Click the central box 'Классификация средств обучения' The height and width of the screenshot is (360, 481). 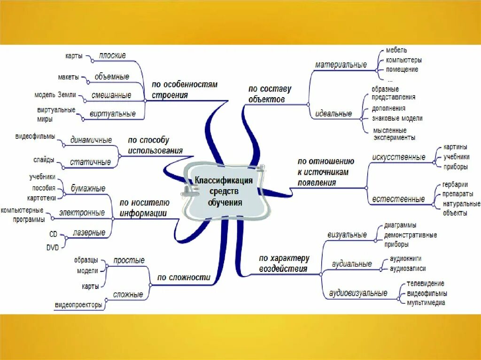coord(225,191)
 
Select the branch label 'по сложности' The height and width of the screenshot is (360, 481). coord(184,277)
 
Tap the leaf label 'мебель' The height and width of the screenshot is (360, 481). coord(396,50)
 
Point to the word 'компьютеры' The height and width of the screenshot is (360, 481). coord(403,60)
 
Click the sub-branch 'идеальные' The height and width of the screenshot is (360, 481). coord(334,114)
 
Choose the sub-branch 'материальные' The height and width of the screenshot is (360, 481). coord(341,65)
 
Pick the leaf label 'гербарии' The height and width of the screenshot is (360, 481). coord(455,184)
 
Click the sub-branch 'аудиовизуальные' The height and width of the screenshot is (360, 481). coord(358,293)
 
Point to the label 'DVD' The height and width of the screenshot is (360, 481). coord(53,247)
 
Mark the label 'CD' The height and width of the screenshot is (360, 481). coord(54,233)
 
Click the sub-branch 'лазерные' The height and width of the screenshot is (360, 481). coord(89,233)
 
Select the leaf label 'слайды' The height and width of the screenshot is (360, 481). coord(44,160)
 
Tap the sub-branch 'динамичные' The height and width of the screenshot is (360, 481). coord(91,140)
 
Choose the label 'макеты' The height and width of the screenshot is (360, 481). coord(69,77)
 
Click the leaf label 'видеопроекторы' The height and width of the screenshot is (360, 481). coord(78,305)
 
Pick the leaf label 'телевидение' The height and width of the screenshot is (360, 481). coord(426,283)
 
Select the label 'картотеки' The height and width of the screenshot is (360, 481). coord(41,197)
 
